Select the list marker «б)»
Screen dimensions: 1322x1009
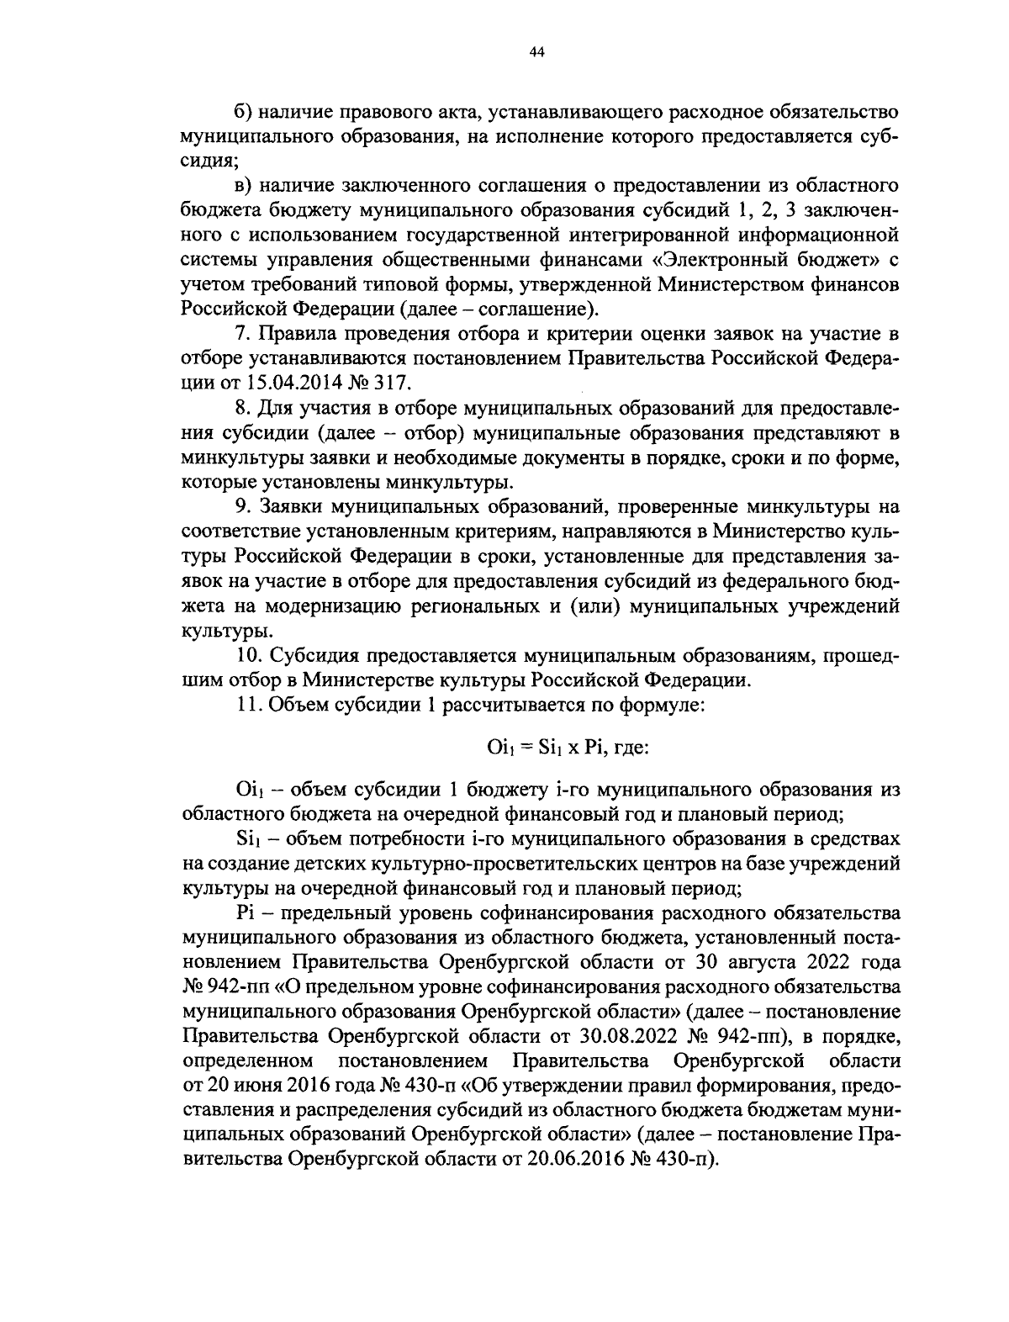243,112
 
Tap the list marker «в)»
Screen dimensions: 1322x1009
243,185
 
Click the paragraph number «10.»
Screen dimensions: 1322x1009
247,654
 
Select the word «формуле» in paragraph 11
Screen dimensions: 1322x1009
660,704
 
